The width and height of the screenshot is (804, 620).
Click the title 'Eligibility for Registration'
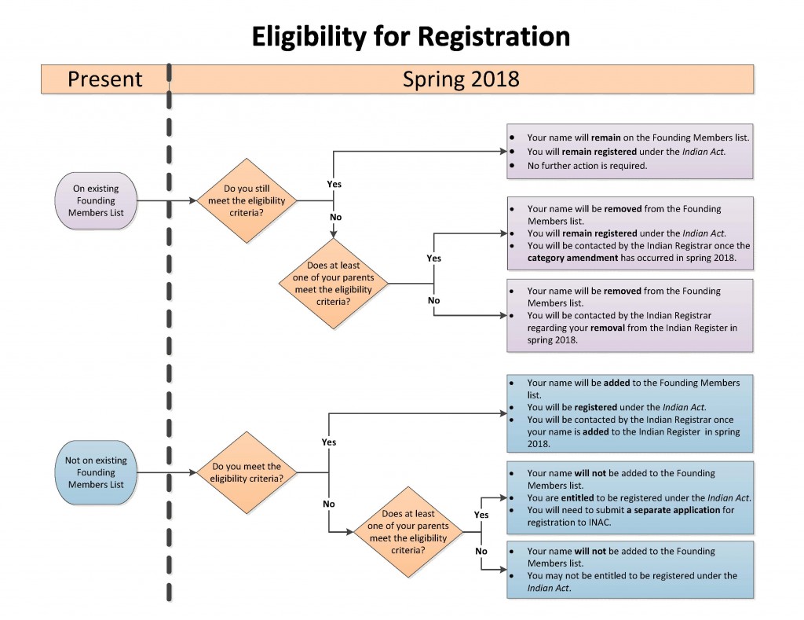click(411, 37)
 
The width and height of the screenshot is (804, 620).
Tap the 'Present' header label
click(105, 79)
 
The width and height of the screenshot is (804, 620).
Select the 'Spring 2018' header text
click(461, 79)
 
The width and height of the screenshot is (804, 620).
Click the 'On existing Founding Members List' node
click(96, 200)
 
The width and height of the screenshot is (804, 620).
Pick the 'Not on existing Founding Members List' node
click(96, 472)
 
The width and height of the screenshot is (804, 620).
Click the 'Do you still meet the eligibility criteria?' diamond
click(247, 200)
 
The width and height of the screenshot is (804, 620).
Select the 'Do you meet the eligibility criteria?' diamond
click(247, 472)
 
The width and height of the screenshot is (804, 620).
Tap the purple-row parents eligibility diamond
click(333, 284)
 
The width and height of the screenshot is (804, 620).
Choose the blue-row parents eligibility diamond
click(408, 532)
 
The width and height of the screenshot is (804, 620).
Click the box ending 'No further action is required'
click(630, 152)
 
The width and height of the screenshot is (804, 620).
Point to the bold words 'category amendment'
click(572, 258)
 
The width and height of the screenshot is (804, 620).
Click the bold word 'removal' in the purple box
click(608, 328)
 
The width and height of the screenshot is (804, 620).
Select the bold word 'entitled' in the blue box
click(577, 498)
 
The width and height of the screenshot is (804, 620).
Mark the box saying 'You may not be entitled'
click(630, 570)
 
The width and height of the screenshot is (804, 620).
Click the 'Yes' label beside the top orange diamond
click(334, 184)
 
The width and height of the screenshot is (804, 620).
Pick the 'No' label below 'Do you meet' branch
click(329, 504)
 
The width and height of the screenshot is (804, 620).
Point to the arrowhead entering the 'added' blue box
click(503, 413)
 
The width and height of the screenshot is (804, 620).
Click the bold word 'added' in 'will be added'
click(617, 383)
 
